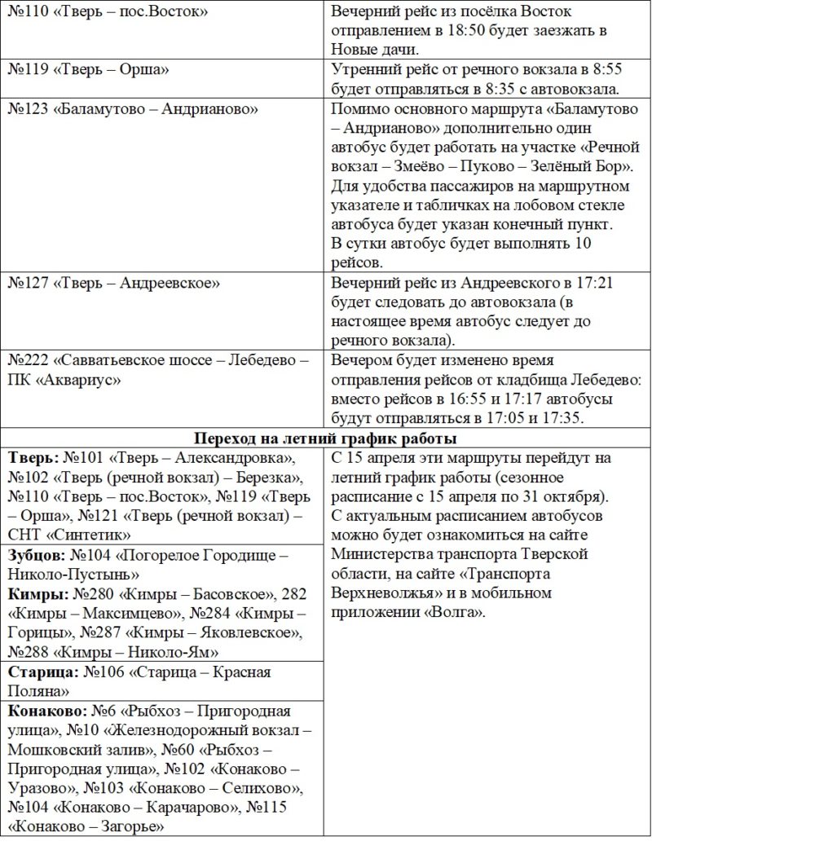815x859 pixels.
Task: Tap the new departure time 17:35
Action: coord(570,418)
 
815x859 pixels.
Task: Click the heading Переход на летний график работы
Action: coord(325,438)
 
